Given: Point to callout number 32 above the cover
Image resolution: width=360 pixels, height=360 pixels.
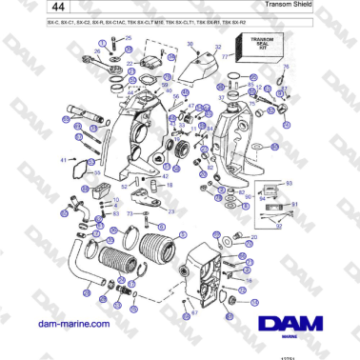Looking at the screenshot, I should pyautogui.click(x=217, y=46).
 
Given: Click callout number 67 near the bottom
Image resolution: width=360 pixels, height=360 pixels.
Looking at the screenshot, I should pyautogui.click(x=194, y=311).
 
